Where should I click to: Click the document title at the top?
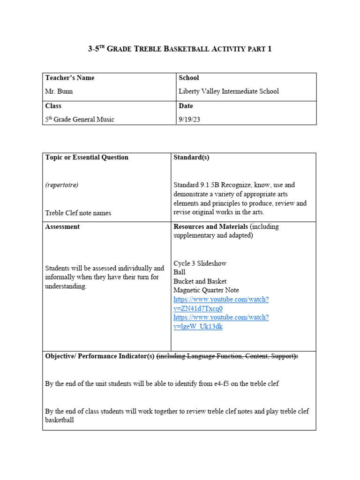(180, 49)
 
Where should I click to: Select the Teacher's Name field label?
(69, 78)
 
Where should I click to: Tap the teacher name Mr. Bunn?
(59, 91)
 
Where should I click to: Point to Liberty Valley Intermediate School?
(229, 91)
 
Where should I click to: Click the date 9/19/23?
(190, 120)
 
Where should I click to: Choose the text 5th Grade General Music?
(80, 120)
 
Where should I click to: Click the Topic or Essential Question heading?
(87, 157)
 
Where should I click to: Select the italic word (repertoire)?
(62, 185)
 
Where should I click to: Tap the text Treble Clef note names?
(78, 213)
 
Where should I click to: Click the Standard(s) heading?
(191, 157)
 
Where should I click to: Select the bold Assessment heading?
(62, 227)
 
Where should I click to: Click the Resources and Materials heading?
(210, 227)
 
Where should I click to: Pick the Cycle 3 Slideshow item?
(200, 263)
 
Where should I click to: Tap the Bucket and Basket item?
(200, 281)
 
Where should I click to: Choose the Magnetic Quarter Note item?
(206, 291)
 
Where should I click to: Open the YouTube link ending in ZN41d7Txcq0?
(221, 304)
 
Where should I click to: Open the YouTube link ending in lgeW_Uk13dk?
(221, 322)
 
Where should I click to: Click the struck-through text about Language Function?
(227, 356)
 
